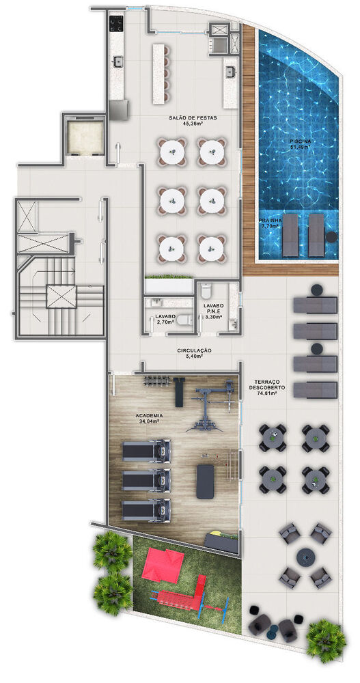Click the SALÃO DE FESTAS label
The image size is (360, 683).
tap(193, 118)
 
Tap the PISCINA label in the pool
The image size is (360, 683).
tap(300, 141)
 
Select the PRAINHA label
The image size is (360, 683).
tap(270, 221)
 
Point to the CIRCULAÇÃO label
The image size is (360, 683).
tap(195, 350)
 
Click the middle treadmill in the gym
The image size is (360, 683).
tap(146, 479)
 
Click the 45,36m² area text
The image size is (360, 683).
tap(194, 124)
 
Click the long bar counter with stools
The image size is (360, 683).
tap(161, 67)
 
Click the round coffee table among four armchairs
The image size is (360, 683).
tap(305, 555)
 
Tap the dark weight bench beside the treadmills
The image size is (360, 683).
tap(205, 481)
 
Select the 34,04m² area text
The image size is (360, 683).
tap(148, 421)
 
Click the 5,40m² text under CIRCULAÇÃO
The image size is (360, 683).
tap(195, 357)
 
